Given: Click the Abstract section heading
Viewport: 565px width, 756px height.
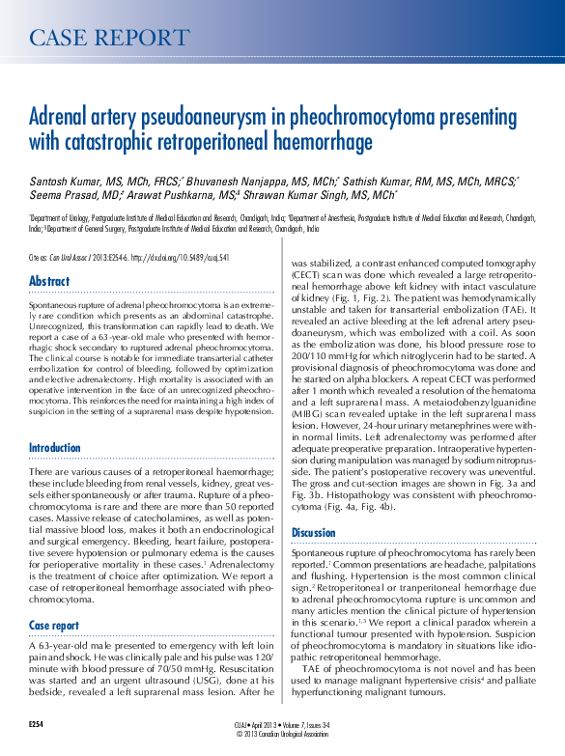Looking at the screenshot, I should point(48,281).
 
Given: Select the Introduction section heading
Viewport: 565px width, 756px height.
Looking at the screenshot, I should point(55,448).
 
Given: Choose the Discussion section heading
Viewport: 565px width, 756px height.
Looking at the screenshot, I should point(314,532).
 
